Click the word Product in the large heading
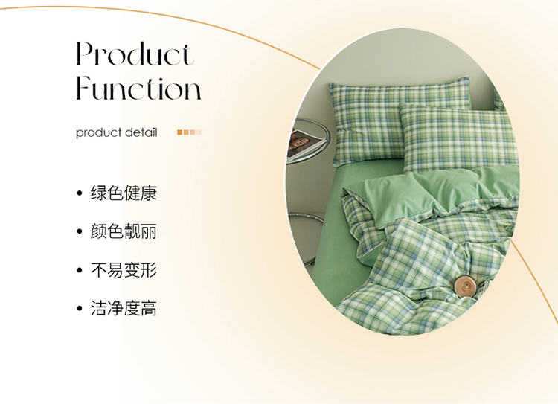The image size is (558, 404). (135, 54)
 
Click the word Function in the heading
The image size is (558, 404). (139, 88)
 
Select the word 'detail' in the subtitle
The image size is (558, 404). (141, 132)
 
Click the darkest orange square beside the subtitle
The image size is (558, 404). (180, 132)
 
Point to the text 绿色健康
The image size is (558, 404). (124, 193)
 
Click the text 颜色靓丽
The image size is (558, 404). (124, 231)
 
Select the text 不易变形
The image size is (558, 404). (124, 270)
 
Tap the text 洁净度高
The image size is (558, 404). (124, 308)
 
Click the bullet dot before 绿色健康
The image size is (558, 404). (80, 193)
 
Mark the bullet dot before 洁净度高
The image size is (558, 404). (80, 308)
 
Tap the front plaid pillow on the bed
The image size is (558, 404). (459, 137)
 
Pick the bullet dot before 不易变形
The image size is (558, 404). (80, 270)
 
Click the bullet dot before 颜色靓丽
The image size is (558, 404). (80, 231)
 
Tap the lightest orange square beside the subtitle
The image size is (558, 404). (199, 132)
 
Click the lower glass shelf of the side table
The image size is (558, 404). (306, 218)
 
